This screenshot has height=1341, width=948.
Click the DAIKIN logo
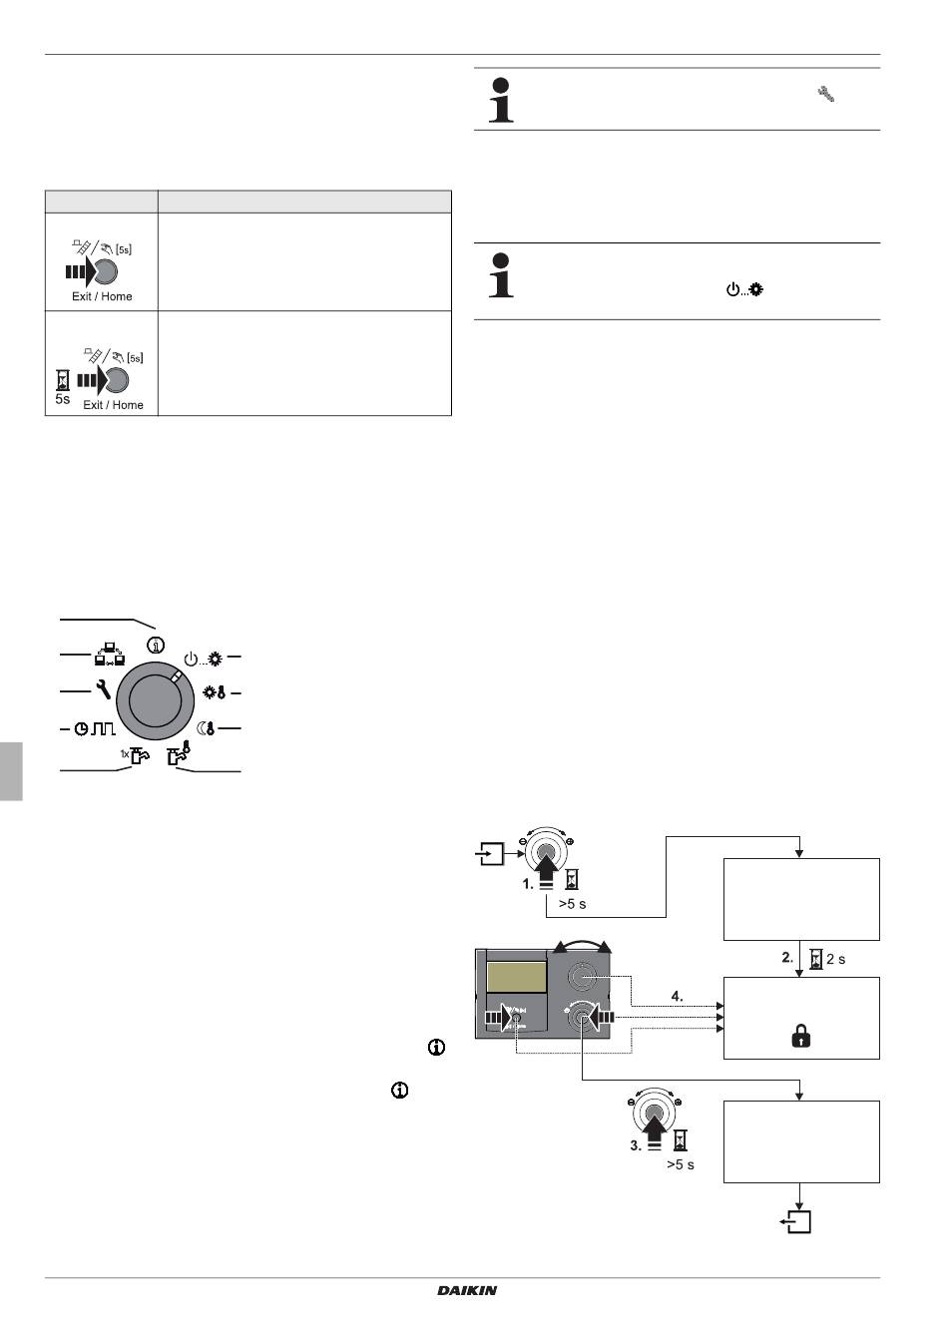467,1291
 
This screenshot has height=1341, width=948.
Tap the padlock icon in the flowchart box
800,1036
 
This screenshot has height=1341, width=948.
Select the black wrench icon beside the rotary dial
103,690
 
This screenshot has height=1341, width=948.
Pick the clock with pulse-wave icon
95,728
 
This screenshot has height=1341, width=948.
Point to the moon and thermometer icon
206,728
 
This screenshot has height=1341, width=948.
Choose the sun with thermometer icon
214,692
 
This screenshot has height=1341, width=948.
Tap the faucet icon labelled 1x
135,755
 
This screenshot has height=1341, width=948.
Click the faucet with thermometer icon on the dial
179,753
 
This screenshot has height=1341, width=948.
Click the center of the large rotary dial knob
155,701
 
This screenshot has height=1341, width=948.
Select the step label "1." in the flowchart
528,884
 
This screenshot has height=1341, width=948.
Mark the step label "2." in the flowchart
787,957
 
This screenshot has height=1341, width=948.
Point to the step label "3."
636,1145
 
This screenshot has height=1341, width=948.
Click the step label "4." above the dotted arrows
677,997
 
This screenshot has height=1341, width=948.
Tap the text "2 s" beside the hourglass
836,959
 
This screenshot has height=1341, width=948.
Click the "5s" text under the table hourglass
62,399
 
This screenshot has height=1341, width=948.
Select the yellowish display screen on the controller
516,977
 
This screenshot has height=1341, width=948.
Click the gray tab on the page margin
11,771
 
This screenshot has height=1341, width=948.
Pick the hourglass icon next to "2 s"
815,959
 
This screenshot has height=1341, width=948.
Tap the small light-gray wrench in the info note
826,94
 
